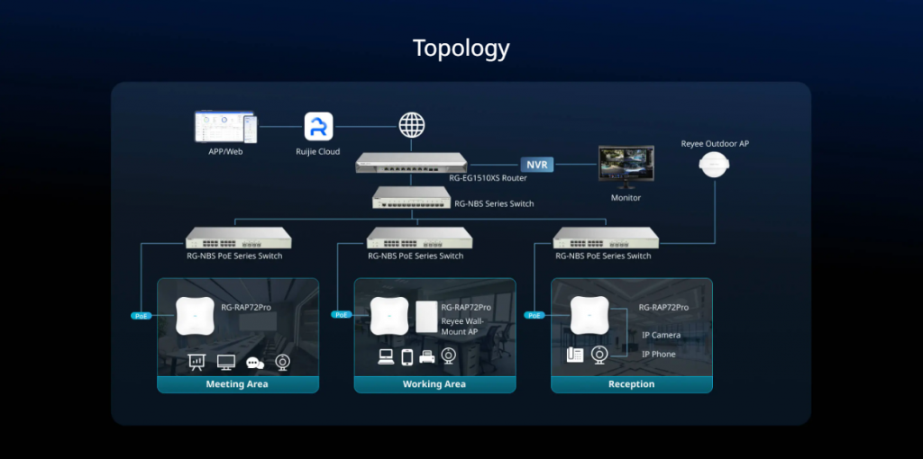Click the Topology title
tap(461, 49)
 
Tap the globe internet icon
tap(412, 125)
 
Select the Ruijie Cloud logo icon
tap(318, 126)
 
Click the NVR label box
tap(537, 165)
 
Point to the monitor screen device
tap(627, 167)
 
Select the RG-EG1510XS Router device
tap(411, 162)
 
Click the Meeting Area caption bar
tap(238, 384)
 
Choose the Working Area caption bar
tap(434, 384)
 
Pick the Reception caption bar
tap(631, 384)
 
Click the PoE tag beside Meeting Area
tap(142, 316)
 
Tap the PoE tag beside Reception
tap(535, 315)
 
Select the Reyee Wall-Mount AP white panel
tap(425, 317)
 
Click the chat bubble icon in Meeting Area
tap(254, 363)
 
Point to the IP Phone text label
tap(658, 355)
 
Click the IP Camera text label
tap(661, 336)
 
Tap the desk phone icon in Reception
tap(574, 355)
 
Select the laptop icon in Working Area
tap(386, 357)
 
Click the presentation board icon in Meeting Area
tap(196, 362)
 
